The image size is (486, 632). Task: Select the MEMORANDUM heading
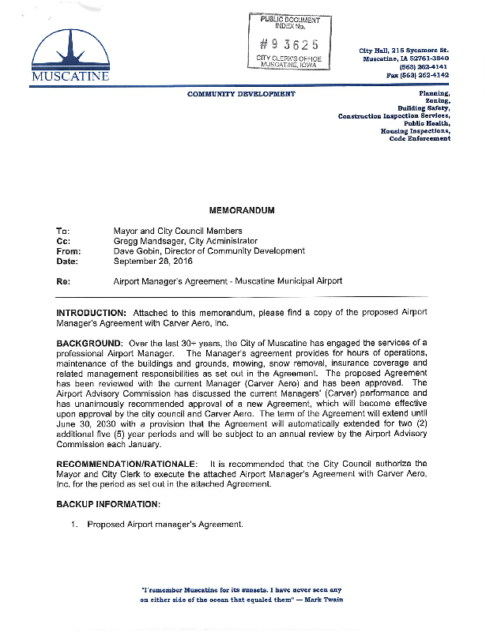point(242,212)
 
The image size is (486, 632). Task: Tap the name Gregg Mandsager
point(150,241)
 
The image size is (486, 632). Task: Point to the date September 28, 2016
point(158,261)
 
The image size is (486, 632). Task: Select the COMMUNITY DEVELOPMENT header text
point(241,94)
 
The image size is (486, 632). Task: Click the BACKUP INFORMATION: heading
point(108,503)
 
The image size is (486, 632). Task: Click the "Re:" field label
point(65,280)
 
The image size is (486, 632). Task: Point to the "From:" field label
point(69,251)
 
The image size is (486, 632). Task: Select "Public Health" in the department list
point(427,123)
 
